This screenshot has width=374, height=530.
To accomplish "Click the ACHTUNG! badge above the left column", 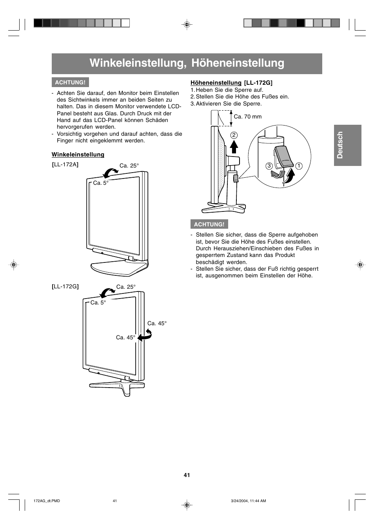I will [x=70, y=82].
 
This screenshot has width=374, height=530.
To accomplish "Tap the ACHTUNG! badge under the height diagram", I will [x=209, y=224].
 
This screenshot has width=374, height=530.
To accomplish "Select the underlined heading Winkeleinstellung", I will [x=78, y=155].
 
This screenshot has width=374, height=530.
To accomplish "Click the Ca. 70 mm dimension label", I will [x=247, y=117].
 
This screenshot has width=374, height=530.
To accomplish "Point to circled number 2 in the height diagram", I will [x=234, y=135].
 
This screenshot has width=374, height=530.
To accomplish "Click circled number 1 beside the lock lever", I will [x=299, y=166].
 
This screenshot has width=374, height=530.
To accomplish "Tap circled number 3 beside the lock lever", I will [x=269, y=166].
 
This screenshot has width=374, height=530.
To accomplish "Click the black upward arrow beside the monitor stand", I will [x=234, y=147].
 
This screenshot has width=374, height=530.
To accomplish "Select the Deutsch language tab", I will [x=347, y=145].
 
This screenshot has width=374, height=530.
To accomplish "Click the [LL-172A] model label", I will [x=65, y=164].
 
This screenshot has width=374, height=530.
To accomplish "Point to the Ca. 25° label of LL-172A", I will [x=129, y=166].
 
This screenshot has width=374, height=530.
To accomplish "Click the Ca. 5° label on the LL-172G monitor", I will [x=98, y=302].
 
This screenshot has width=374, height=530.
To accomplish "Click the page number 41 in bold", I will [x=187, y=475].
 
